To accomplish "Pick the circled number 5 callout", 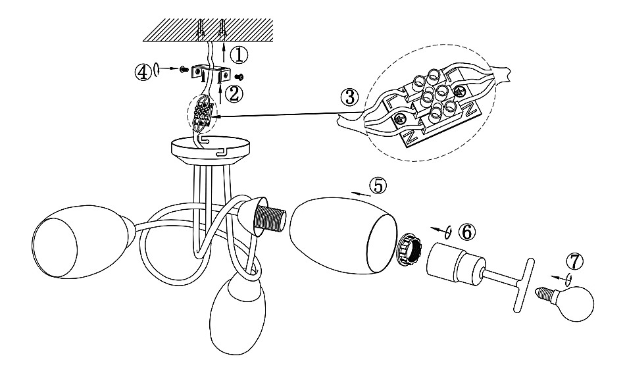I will tap(377, 186).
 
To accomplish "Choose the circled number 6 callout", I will tap(465, 232).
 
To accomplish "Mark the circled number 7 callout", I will tap(574, 261).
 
